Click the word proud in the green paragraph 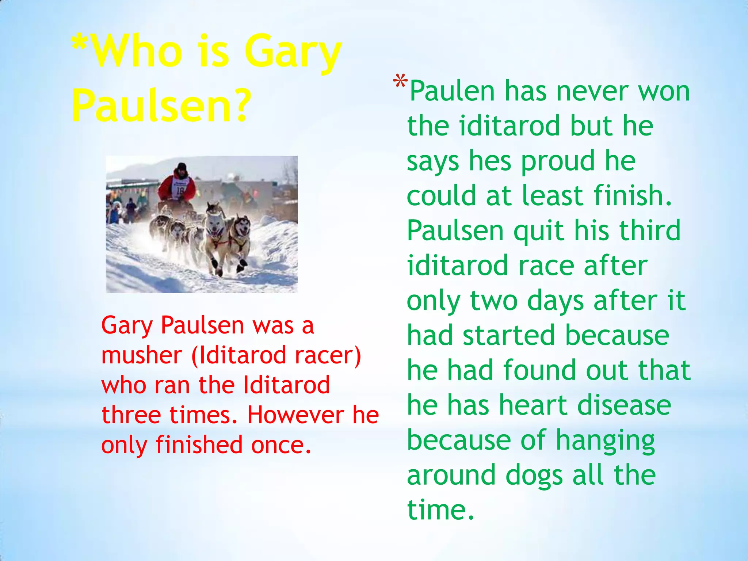[558, 161]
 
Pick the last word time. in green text [440, 510]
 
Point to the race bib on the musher [180, 189]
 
